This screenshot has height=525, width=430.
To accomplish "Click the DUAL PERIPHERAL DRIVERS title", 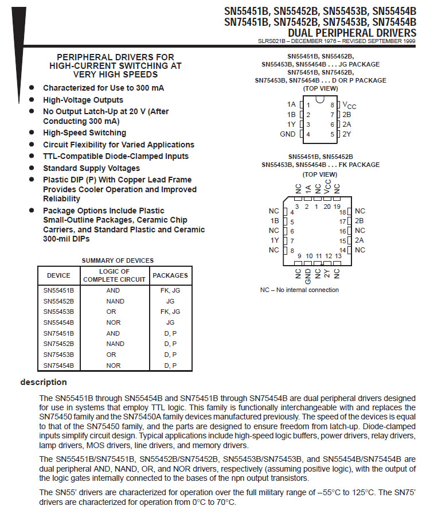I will point(352,33).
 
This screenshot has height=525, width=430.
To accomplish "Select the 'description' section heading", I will point(44,382).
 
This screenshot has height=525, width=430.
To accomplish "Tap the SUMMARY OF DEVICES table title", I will point(118,260).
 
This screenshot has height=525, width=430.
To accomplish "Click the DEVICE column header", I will point(58,275).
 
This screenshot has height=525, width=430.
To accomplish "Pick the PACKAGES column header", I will point(170,275).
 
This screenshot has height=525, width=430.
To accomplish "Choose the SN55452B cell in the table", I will point(58,301).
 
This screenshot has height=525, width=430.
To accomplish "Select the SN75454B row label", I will point(58,365).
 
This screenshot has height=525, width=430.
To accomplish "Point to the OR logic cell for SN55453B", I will point(114,312).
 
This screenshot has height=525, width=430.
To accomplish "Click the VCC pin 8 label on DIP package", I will point(349,105).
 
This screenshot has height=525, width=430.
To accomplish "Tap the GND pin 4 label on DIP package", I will point(288,134).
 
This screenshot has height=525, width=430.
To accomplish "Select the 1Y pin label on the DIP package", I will point(291,125).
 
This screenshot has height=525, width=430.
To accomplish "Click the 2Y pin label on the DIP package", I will point(347,134).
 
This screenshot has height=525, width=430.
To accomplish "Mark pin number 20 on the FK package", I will point(327,207).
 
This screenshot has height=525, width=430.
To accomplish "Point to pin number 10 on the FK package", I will point(309,256).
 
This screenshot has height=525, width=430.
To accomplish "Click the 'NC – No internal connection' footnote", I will point(299,290).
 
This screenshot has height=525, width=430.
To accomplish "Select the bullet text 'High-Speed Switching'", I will point(84,133).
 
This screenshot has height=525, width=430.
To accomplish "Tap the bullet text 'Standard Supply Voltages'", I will point(91,168).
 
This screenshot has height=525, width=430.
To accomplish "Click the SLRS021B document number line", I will point(337,41).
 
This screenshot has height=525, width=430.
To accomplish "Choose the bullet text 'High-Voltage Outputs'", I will point(83,100).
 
